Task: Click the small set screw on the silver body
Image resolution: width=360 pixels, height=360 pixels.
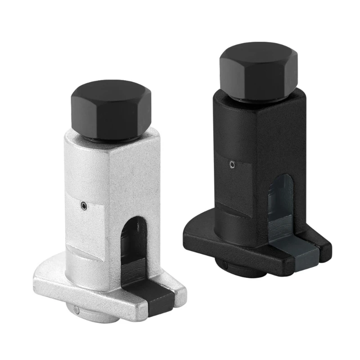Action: click(84, 206)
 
